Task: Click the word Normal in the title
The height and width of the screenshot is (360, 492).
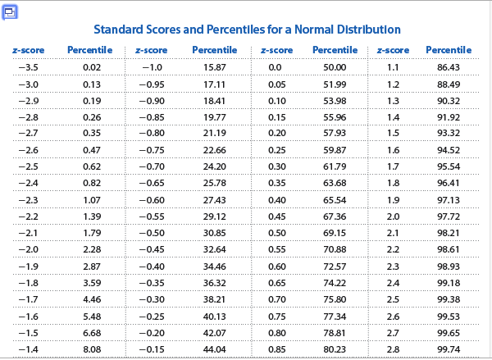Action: (x=321, y=30)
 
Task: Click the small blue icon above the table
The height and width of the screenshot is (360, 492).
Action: (x=11, y=11)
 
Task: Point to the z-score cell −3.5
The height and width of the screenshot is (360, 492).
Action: (x=29, y=67)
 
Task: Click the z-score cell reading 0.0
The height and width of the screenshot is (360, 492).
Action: (x=276, y=67)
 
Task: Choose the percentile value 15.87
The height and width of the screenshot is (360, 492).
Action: (x=214, y=67)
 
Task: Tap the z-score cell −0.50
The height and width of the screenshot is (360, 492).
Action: (x=153, y=234)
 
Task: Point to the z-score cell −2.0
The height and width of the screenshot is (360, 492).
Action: (x=29, y=249)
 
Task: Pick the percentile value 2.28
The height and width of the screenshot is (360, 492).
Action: (x=92, y=249)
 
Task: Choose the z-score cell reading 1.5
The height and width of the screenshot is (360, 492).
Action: (x=393, y=133)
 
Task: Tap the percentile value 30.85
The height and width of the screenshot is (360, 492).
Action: (x=214, y=234)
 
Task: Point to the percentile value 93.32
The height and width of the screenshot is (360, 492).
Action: (x=449, y=133)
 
